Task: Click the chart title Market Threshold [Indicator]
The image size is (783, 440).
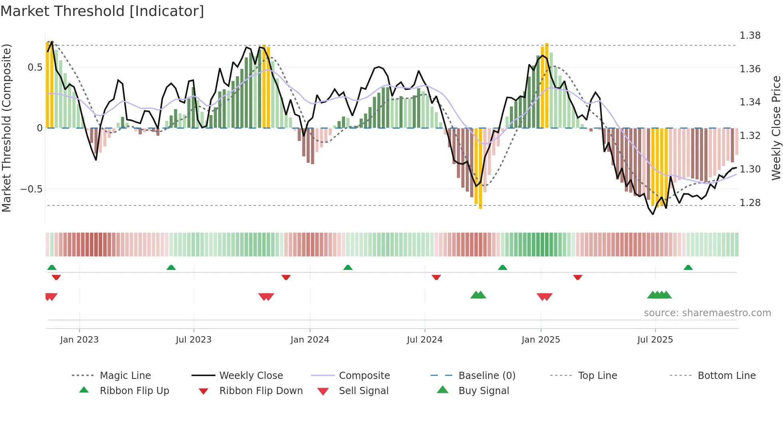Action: pos(102,11)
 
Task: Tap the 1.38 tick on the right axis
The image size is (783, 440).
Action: pos(750,36)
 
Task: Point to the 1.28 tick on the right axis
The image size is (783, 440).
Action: pos(750,203)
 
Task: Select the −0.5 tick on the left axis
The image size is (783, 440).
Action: pos(31,189)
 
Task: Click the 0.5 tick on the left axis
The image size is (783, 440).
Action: pos(35,67)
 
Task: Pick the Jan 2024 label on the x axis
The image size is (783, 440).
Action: pos(310,340)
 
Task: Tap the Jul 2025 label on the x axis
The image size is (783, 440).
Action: pos(655,340)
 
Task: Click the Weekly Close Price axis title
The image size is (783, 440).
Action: pos(776,128)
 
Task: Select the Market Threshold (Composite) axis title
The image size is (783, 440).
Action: pos(6,128)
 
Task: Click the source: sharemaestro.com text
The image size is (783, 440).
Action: pos(707,313)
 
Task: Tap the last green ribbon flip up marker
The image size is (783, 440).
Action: pos(688,268)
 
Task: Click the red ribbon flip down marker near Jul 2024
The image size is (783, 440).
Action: pos(436,277)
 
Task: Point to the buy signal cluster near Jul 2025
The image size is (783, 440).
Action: pos(660,295)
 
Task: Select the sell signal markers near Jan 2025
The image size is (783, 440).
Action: pos(545,297)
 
